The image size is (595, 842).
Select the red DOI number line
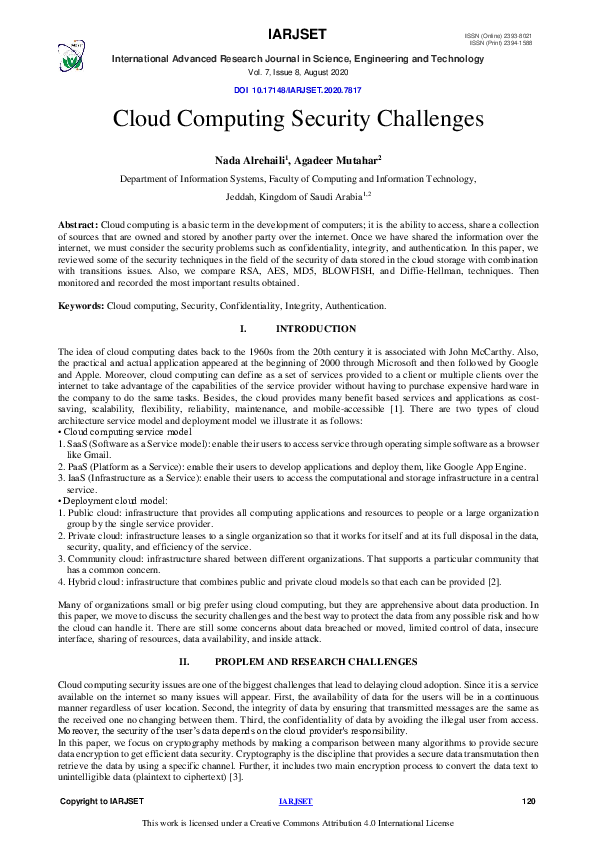tap(297, 90)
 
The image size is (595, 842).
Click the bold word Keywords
tap(81, 305)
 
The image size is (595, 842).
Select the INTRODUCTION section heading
tap(315, 329)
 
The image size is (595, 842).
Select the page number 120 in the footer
tap(530, 802)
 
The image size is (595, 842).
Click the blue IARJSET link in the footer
tap(296, 802)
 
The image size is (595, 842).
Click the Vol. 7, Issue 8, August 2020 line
tap(297, 74)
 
